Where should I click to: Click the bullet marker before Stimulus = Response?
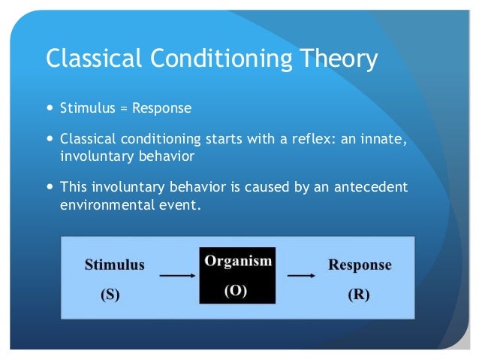[50, 108]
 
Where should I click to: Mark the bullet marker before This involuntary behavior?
[50, 186]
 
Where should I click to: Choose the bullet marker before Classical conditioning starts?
[50, 139]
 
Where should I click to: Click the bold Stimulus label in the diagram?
[114, 265]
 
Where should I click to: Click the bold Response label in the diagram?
[360, 265]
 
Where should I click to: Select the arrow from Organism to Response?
[301, 276]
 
